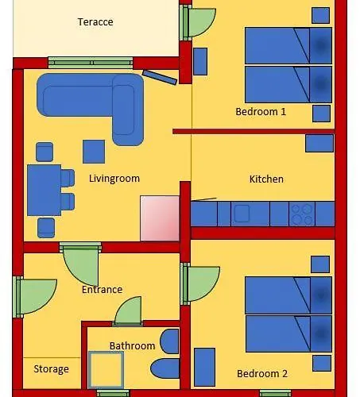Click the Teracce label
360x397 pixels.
[95, 21]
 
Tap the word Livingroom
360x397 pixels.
[114, 179]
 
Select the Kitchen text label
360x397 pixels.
[266, 179]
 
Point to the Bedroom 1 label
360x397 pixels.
[261, 111]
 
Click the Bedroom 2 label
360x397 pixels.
[262, 373]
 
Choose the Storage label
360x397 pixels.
[52, 369]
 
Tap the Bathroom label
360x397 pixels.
[132, 345]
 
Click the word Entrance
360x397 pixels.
[102, 289]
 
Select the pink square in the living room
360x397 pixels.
[160, 218]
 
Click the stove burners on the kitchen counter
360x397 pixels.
[302, 214]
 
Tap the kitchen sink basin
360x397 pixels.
[242, 214]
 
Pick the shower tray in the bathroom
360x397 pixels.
[106, 370]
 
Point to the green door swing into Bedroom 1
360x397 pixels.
[201, 22]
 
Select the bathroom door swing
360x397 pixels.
[129, 310]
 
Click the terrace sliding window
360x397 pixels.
[91, 63]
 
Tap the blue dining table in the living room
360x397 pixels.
[45, 190]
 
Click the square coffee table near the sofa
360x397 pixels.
[94, 152]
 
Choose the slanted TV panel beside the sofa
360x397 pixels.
[160, 77]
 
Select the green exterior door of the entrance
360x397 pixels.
[36, 296]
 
